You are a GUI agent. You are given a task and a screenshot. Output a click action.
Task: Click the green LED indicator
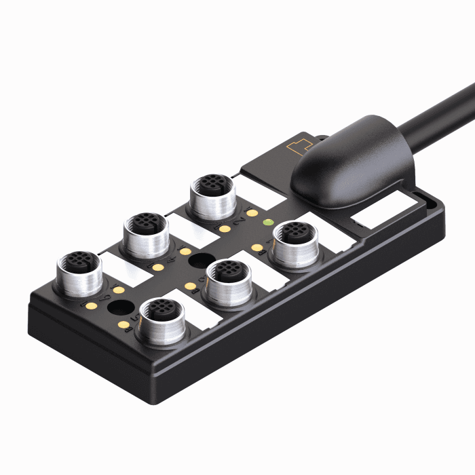(x=267, y=222)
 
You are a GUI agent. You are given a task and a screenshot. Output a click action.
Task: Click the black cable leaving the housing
(x=434, y=115)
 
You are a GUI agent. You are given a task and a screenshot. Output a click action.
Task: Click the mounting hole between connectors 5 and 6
(x=120, y=308)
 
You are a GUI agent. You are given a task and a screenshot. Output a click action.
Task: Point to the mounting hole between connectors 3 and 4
(x=199, y=261)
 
